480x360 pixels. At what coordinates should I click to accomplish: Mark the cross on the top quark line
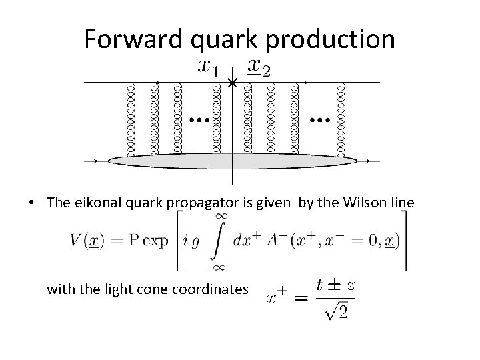tap(231, 84)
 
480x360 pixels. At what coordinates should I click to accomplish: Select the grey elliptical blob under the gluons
tap(233, 160)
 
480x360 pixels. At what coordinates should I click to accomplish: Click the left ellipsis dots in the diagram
tap(198, 121)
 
